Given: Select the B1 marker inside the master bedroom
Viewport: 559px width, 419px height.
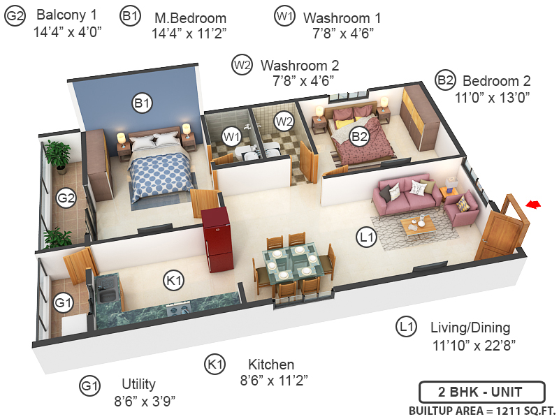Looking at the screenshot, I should (x=142, y=103).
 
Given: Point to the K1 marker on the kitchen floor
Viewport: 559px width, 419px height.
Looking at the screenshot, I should (x=173, y=281).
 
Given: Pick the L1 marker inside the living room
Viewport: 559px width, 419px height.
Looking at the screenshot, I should (x=367, y=237).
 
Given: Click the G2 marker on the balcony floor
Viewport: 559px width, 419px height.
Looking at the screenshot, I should (x=66, y=198).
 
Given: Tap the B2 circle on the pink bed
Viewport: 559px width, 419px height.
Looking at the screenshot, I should (x=359, y=136).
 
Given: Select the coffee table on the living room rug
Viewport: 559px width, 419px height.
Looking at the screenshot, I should (x=417, y=225).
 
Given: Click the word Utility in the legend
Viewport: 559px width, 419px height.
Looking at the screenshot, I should (x=138, y=384).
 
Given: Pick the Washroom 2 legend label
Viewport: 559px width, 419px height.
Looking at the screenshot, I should (x=300, y=65).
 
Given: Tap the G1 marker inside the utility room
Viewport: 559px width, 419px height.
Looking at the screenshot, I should (x=64, y=304).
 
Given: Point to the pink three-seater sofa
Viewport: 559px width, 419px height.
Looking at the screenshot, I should (x=405, y=191).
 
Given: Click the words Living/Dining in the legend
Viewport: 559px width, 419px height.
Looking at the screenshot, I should (x=470, y=328).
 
